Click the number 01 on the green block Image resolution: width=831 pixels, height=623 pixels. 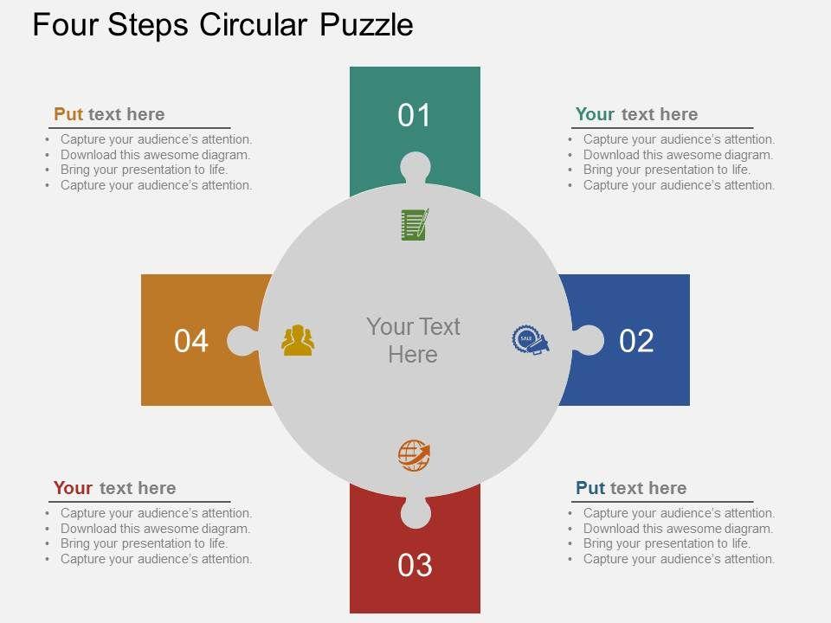(414, 115)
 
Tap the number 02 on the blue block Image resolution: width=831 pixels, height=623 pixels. (636, 341)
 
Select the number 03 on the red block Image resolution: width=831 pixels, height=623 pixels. (415, 565)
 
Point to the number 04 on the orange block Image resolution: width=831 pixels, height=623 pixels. (190, 341)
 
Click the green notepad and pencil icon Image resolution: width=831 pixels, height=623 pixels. (415, 225)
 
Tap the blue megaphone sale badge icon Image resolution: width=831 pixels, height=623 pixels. (531, 340)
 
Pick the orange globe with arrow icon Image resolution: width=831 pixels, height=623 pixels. (415, 455)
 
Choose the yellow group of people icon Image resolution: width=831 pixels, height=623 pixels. (298, 340)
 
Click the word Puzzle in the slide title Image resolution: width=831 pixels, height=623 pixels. (366, 24)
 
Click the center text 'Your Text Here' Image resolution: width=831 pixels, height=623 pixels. (413, 341)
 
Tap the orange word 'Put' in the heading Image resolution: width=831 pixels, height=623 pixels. (68, 114)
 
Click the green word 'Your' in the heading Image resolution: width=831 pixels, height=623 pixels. (595, 114)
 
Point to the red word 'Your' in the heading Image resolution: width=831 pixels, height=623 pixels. (73, 487)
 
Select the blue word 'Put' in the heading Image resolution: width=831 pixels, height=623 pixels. (590, 487)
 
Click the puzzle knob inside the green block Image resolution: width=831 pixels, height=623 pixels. (415, 167)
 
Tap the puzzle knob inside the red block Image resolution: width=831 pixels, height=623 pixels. (415, 512)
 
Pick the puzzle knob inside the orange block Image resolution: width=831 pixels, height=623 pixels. (242, 340)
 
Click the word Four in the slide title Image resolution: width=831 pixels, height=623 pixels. (65, 24)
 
